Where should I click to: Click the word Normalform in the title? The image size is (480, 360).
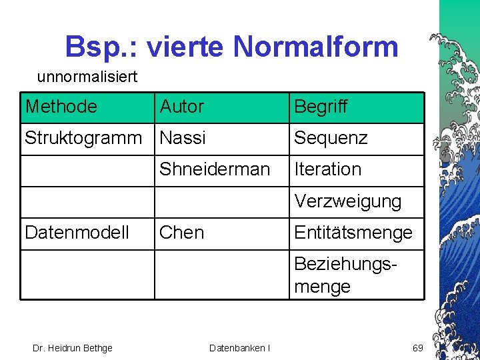pos(317,47)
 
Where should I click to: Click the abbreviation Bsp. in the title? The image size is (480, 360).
pos(100,47)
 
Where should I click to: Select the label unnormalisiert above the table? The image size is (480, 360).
pos(87,77)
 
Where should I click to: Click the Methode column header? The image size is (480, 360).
pos(61,107)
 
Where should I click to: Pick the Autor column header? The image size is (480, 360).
pos(181,107)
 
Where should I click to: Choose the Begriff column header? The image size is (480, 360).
pos(321,107)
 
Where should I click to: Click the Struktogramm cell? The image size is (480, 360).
pos(83,138)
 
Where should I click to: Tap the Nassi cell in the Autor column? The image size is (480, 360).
pos(183,138)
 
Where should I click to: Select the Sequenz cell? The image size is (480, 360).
pos(331,138)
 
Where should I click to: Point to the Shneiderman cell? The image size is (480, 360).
pos(214,169)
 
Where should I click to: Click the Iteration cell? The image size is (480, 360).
pos(327,169)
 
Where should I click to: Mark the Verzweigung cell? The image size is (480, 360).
pos(347,201)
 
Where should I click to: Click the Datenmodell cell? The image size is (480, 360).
pos(77,232)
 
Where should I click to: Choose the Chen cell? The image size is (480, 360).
pos(181,232)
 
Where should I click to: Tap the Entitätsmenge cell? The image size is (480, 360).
pos(353,232)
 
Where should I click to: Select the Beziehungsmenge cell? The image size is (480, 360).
pos(345,275)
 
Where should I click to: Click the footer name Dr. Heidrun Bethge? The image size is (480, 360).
pos(73,347)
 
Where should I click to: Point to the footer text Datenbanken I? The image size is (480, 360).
pos(239,347)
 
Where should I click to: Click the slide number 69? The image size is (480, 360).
pos(417,347)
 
